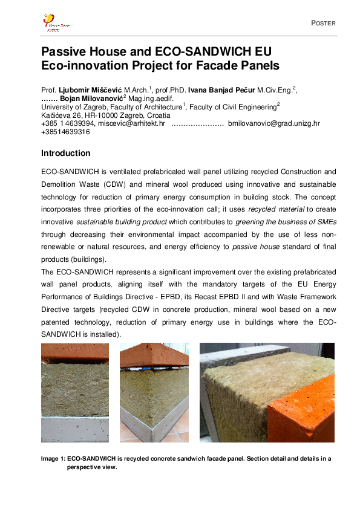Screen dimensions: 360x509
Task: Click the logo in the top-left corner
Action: tap(56, 22)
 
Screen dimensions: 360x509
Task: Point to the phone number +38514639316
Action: tap(62, 131)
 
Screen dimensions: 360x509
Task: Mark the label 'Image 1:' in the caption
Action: tap(53, 459)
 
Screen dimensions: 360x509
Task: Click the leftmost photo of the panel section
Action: tap(74, 393)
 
